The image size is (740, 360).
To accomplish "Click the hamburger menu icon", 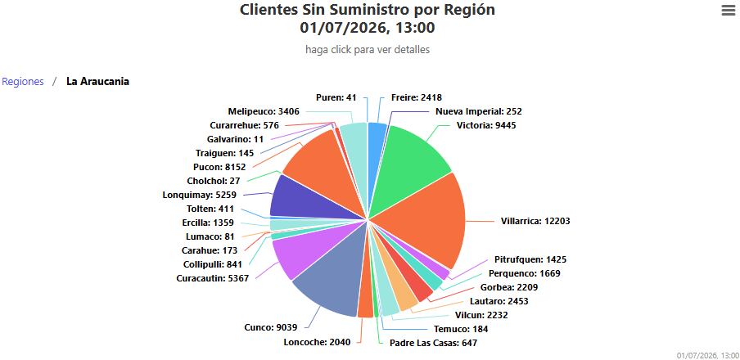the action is point(729,11).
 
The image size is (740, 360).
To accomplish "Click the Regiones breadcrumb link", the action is point(23,82).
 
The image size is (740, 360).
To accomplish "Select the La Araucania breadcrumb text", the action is point(97,82).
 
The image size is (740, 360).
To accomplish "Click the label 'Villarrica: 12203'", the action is point(535,221).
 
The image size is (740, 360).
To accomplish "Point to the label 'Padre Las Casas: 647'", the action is point(433,343).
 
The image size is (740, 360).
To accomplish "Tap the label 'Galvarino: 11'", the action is point(235,139).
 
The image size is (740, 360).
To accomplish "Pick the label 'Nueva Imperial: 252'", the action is point(479,112).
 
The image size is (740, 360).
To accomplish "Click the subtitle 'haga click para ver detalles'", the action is point(368,50).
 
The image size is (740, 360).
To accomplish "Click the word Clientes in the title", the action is point(268,10).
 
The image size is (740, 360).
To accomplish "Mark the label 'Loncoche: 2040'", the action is point(317,343).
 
